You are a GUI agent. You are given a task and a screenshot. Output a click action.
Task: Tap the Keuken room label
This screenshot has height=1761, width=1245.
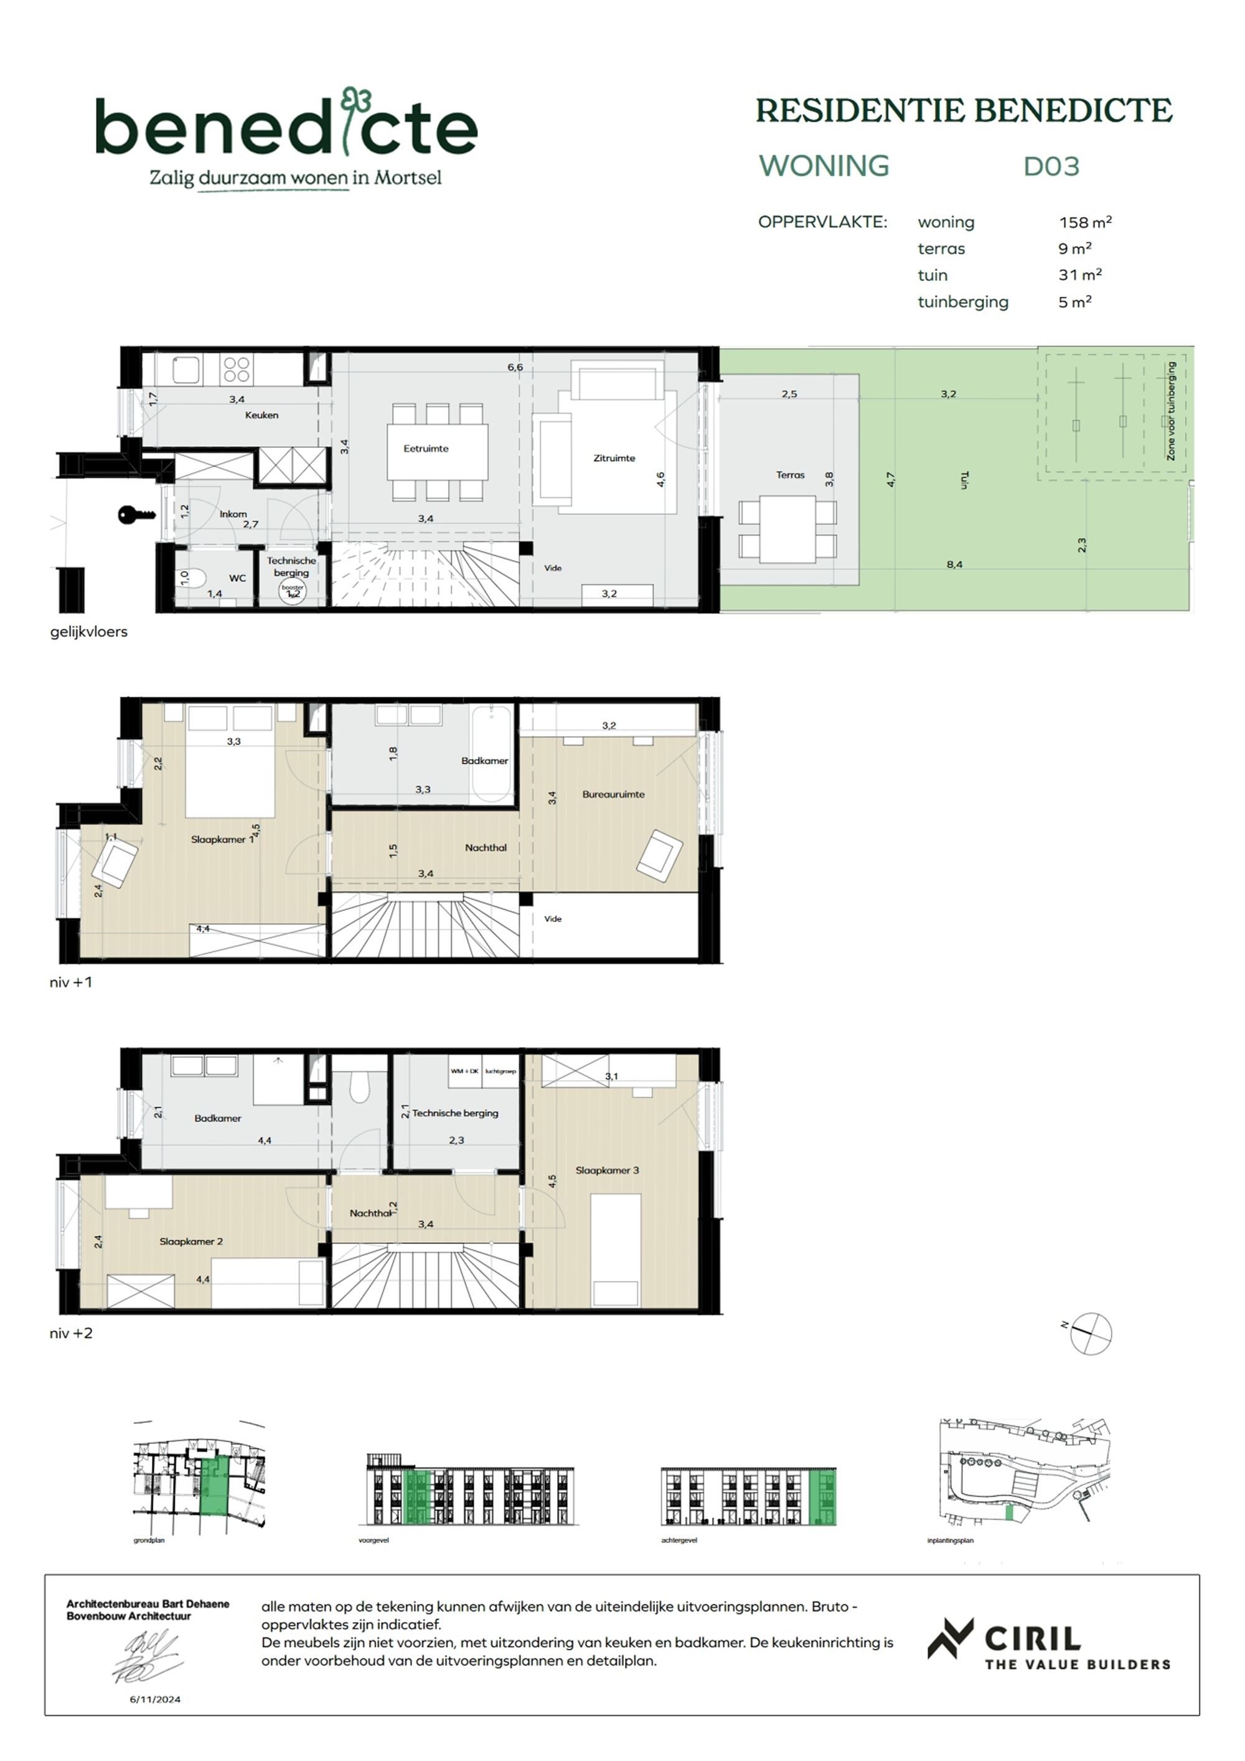pos(261,415)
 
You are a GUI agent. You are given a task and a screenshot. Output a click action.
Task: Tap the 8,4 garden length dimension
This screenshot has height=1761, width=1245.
pos(954,564)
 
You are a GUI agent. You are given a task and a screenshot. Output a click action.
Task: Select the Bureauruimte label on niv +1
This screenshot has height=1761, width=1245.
pos(613,795)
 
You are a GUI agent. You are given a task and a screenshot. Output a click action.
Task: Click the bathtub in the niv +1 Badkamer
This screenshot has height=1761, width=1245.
pos(491,752)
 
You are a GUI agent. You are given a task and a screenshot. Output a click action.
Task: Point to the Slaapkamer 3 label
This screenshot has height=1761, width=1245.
pos(606,1170)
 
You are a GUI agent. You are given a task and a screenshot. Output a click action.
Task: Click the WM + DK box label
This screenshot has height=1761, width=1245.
pos(464,1071)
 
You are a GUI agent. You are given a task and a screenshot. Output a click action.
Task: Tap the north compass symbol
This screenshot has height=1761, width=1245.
pos(1091,1333)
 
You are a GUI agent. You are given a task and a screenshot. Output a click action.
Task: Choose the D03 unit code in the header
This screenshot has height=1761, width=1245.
pos(1051,166)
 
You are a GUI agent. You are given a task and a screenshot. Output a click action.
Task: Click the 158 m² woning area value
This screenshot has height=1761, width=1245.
pos(1085,222)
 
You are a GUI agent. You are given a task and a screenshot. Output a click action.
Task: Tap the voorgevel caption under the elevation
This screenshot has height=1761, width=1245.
pos(374,1540)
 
